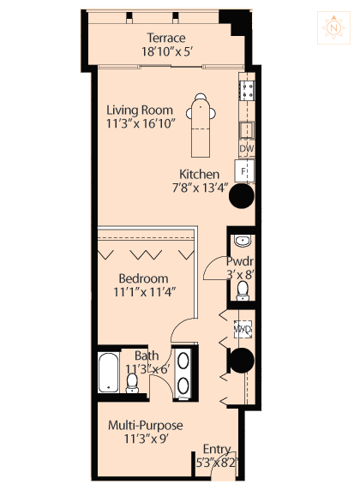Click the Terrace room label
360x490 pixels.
(166, 38)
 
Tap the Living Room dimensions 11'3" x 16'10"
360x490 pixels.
(141, 123)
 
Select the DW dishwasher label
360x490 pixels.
(247, 148)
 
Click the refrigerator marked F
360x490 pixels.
(244, 171)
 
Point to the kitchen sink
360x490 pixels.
(247, 130)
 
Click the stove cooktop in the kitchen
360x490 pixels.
(247, 90)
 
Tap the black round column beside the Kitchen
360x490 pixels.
(242, 196)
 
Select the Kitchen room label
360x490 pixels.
(199, 175)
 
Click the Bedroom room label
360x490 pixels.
(143, 278)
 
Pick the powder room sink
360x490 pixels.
(243, 241)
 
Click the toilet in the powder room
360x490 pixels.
(243, 290)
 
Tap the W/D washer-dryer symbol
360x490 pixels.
(243, 329)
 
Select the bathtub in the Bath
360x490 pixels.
(109, 373)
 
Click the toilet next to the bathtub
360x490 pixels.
(132, 383)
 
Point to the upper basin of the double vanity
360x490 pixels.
(183, 361)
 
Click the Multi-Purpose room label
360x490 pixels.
(146, 425)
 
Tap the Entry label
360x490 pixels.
(217, 449)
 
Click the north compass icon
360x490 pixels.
(333, 27)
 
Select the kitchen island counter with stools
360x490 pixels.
(201, 125)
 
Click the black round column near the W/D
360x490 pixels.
(242, 361)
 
